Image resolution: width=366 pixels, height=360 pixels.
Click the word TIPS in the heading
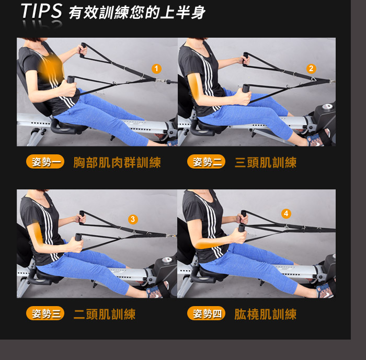[x=41, y=11]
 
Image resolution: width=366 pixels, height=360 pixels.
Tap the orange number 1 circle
[x=156, y=69]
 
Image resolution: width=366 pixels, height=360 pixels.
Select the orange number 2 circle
[x=311, y=69]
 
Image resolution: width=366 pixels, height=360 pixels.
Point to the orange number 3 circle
[x=133, y=219]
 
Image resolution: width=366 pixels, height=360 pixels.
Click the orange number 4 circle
[x=286, y=213]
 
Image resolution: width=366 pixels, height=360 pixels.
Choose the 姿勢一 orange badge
[x=45, y=162]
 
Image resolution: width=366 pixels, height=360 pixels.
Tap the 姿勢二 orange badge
[x=206, y=162]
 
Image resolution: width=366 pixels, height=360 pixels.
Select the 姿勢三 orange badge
[x=45, y=313]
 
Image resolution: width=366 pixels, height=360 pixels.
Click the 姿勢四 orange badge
[x=206, y=313]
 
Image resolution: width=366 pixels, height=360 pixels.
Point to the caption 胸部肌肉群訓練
[x=117, y=162]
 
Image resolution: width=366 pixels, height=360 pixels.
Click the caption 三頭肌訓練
[x=266, y=162]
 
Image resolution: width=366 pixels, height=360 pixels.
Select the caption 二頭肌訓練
[x=105, y=314]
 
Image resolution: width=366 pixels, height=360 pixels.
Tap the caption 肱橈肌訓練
[x=266, y=314]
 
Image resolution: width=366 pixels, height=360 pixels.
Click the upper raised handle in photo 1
[x=83, y=50]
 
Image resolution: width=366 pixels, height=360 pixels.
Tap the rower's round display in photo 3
[x=167, y=260]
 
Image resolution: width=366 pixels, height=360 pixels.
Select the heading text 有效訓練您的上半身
[x=137, y=12]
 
